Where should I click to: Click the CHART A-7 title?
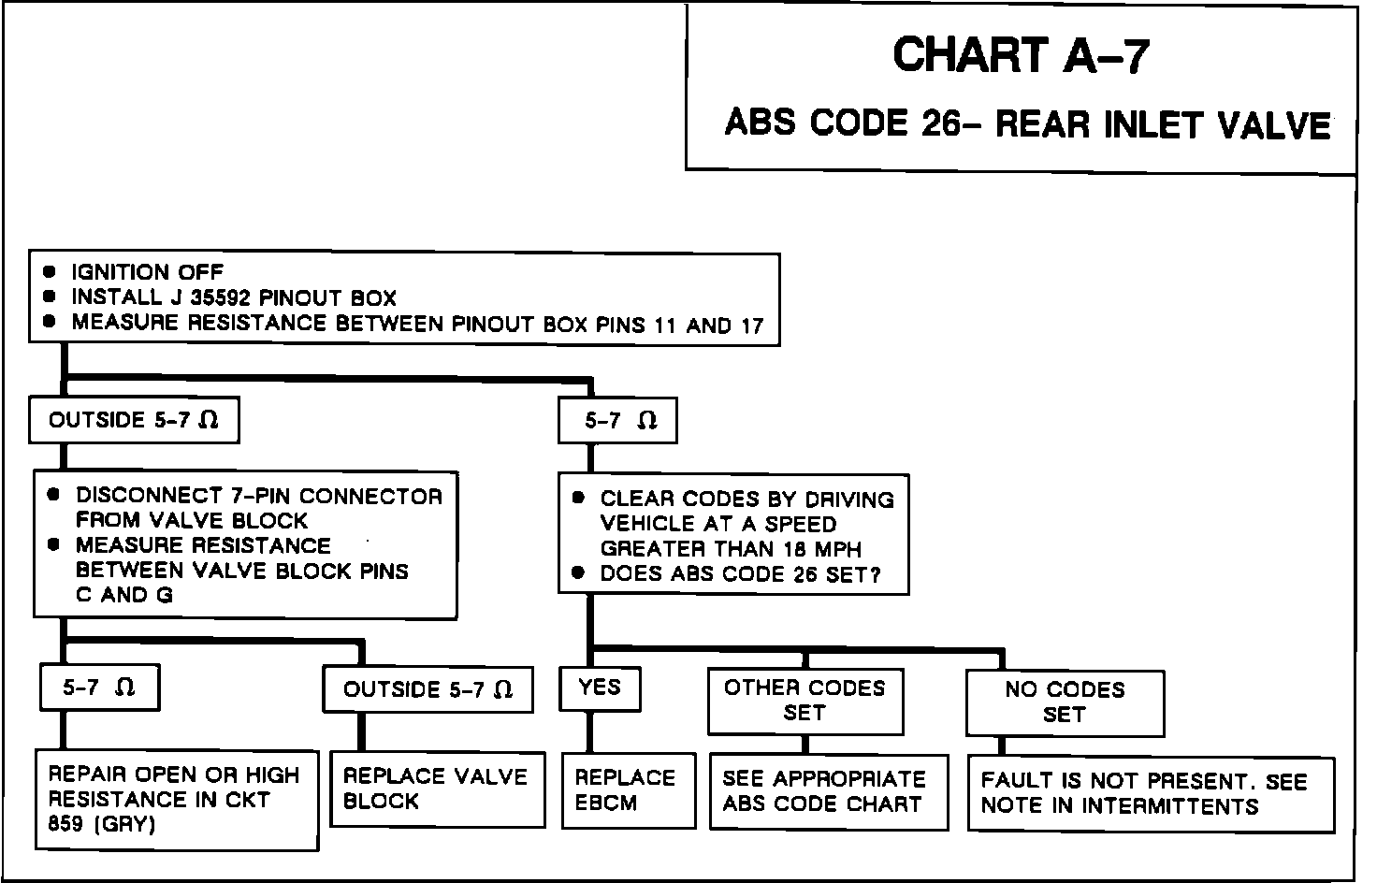[x=1020, y=55]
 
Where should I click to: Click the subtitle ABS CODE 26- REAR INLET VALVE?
[x=1027, y=124]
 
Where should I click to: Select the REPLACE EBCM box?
[x=628, y=790]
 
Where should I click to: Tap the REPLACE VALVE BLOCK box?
[x=436, y=789]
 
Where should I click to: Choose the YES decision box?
[x=600, y=688]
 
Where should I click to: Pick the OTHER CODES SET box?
[x=804, y=700]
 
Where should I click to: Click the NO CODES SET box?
[x=1065, y=702]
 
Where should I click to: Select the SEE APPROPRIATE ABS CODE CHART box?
[x=823, y=791]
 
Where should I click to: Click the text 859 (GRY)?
[x=101, y=824]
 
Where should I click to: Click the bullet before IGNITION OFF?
[x=51, y=272]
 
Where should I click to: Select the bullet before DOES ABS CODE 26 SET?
[x=579, y=573]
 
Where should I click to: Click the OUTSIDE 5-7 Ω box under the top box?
[x=134, y=421]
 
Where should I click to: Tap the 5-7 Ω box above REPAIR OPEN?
[x=99, y=688]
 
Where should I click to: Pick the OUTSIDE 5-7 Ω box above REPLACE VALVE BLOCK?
[x=428, y=690]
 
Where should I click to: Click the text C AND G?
[x=124, y=595]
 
